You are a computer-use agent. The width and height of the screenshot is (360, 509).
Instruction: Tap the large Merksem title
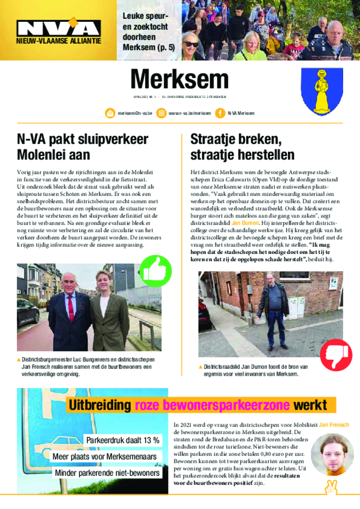[180, 80]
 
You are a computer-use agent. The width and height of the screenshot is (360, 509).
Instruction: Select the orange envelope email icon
[110, 113]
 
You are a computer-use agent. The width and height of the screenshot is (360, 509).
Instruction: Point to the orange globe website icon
[161, 113]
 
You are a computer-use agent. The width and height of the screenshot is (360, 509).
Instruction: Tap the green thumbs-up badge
[156, 271]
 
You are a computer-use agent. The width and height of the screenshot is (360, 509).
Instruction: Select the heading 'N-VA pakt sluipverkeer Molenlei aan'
[82, 147]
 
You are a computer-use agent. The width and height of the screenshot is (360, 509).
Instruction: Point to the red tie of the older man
[71, 309]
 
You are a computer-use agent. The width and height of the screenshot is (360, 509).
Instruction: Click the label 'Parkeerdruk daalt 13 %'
[122, 440]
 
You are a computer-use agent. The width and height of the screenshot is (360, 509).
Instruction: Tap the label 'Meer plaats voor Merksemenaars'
[104, 456]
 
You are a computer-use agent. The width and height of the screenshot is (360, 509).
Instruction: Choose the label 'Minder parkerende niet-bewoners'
[107, 473]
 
